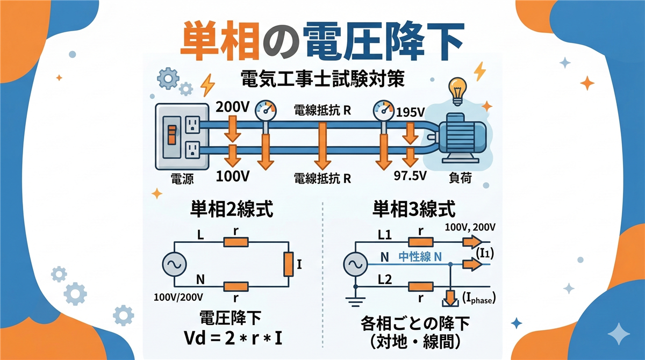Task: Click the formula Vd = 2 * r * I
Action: (x=231, y=339)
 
